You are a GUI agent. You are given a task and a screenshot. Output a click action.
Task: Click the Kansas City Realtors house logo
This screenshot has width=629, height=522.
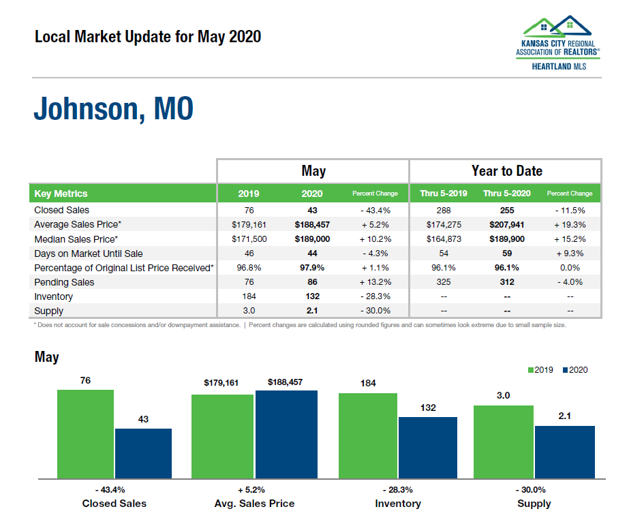557,29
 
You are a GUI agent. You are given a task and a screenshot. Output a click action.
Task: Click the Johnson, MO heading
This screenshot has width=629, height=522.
113,110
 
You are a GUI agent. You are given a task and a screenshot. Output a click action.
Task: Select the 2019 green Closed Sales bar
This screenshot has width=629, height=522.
85,433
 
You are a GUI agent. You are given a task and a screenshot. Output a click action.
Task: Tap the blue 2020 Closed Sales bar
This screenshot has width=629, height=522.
143,452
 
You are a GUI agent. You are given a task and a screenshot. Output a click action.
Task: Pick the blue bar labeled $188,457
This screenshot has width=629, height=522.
286,433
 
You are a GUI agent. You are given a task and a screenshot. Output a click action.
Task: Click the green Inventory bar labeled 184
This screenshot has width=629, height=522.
368,435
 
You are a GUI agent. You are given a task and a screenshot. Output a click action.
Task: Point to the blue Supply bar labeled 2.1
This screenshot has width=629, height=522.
564,451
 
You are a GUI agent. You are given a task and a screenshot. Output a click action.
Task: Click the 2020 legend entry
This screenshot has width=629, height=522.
575,370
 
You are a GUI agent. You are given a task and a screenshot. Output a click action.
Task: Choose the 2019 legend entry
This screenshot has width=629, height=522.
540,370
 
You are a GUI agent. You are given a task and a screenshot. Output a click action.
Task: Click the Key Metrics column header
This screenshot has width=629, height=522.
61,194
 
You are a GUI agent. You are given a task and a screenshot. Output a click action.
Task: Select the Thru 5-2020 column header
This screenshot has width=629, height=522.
506,194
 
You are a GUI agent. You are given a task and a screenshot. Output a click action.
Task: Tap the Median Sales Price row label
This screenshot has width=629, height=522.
76,239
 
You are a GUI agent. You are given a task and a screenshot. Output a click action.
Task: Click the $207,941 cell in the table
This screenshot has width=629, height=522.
506,224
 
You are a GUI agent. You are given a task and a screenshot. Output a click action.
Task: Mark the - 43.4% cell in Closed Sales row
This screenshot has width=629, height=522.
374,210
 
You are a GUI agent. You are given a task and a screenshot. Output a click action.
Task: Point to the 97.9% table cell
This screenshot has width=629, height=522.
311,268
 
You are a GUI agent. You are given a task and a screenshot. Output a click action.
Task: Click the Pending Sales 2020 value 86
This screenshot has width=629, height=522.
311,282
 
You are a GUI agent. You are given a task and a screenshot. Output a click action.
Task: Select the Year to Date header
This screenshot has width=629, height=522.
506,171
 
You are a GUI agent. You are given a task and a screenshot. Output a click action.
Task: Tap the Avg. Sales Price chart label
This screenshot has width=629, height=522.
254,504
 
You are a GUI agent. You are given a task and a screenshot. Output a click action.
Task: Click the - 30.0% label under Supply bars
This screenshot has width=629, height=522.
534,490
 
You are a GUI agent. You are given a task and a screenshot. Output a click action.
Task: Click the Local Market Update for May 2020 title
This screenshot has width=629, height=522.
148,37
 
